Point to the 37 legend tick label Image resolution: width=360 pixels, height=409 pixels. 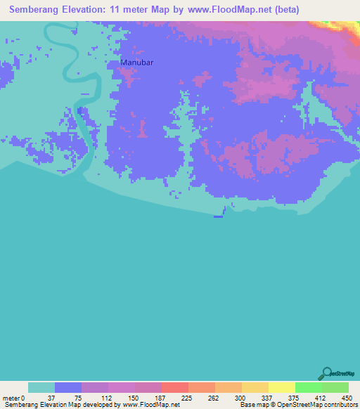55,397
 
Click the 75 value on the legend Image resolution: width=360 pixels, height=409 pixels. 82,397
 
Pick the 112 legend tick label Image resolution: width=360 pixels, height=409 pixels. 108,397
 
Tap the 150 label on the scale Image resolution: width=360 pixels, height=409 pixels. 135,397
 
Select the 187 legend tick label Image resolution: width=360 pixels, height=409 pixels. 162,397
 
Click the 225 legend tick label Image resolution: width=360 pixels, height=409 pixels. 188,397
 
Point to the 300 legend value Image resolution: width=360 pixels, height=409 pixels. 242,397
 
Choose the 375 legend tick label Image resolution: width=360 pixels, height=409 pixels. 295,397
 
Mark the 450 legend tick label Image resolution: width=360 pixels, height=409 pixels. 348,397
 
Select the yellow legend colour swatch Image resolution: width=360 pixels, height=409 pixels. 282,387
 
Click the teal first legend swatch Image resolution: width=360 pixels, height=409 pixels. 41,387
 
